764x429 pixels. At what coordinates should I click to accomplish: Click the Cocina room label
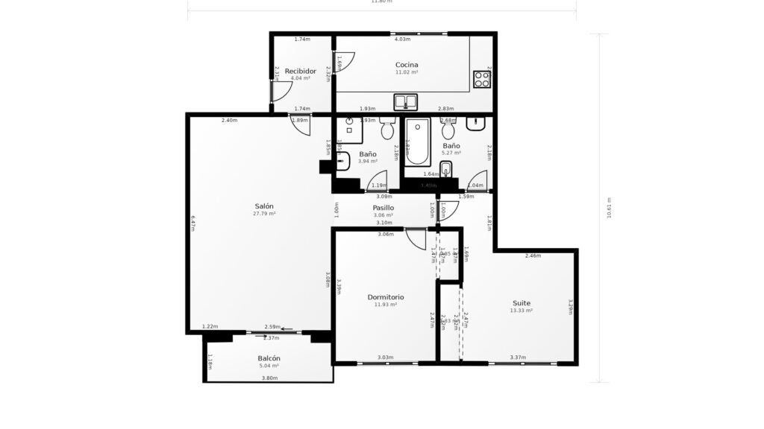(x=407, y=65)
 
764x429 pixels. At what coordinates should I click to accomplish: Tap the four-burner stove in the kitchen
(x=481, y=78)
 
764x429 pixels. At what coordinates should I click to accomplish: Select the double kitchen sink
(x=406, y=101)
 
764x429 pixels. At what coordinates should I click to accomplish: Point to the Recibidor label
(x=301, y=71)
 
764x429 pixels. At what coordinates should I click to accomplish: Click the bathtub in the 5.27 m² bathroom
(x=417, y=142)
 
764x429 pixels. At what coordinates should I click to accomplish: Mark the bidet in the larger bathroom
(x=446, y=168)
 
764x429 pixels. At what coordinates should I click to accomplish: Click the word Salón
(x=264, y=206)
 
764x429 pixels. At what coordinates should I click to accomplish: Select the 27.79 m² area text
(x=264, y=214)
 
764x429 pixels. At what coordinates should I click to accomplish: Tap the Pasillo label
(x=383, y=208)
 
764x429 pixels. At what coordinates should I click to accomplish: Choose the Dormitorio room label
(x=386, y=296)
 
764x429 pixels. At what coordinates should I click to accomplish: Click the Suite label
(x=522, y=302)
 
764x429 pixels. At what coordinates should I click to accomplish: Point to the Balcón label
(x=269, y=358)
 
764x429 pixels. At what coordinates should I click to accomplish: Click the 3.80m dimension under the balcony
(x=269, y=378)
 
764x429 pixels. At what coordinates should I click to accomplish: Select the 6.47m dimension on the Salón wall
(x=192, y=223)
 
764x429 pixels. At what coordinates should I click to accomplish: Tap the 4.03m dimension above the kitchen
(x=402, y=39)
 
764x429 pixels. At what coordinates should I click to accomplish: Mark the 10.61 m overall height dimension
(x=610, y=208)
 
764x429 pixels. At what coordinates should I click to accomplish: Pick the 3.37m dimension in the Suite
(x=518, y=357)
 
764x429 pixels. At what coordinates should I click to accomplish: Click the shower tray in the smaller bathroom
(x=349, y=130)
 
